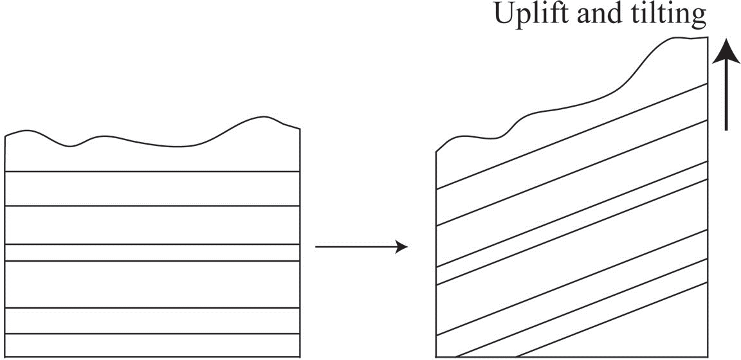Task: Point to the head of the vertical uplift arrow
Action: point(726,49)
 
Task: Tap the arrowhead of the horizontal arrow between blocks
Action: point(401,247)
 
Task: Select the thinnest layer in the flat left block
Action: point(152,253)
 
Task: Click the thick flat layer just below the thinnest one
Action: point(152,284)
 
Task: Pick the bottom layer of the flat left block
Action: point(152,345)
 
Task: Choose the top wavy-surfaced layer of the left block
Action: point(152,157)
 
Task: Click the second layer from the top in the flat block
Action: point(152,188)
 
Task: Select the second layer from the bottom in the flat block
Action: point(152,321)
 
